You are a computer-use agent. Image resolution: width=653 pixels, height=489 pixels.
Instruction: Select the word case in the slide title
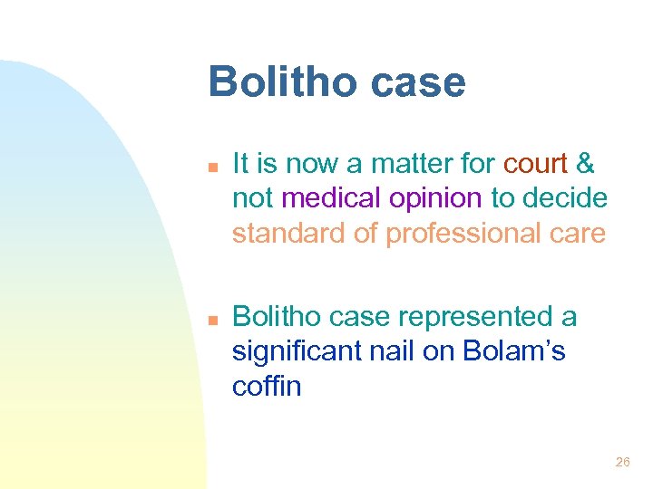pyautogui.click(x=418, y=82)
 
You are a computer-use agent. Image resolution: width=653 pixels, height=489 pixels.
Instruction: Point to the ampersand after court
pyautogui.click(x=586, y=164)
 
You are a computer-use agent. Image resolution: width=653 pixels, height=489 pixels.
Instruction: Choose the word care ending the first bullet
pyautogui.click(x=578, y=233)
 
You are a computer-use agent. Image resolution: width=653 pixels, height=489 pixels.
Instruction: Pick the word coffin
pyautogui.click(x=267, y=386)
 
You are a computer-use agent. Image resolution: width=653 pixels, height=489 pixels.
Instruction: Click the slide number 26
pyautogui.click(x=622, y=462)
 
